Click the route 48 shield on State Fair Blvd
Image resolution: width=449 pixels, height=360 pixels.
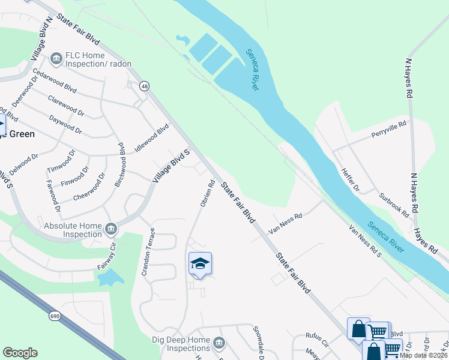tap(144, 87)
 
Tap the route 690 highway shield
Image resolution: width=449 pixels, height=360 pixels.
tap(54, 314)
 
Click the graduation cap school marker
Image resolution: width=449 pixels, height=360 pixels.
tap(200, 264)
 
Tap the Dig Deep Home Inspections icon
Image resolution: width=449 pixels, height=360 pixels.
tap(219, 343)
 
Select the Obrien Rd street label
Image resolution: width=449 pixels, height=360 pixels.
tap(207, 193)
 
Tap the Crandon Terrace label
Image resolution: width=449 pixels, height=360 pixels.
tap(148, 252)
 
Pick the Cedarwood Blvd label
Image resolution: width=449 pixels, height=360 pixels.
tap(55, 80)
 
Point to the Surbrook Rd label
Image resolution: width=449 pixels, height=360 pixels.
tap(394, 205)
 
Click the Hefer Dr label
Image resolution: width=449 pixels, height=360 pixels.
tap(350, 179)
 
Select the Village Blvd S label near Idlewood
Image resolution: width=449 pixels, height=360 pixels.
tap(171, 166)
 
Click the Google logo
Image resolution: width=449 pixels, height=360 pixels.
tap(20, 353)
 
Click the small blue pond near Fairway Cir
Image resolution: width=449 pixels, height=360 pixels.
tap(110, 277)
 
